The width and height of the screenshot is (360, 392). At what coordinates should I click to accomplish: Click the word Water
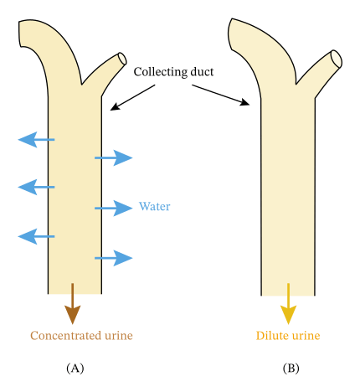(154, 207)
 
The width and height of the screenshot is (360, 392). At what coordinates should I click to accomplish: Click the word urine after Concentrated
(117, 336)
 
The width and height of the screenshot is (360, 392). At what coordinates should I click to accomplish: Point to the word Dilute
(271, 336)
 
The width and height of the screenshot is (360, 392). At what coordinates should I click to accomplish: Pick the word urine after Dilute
(305, 336)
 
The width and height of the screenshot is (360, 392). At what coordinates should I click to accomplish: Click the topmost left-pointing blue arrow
(36, 139)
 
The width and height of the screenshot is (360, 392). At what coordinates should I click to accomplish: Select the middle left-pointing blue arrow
(36, 187)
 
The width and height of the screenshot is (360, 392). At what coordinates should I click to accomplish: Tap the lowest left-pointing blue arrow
(36, 237)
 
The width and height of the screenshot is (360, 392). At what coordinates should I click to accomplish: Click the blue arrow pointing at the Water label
(114, 208)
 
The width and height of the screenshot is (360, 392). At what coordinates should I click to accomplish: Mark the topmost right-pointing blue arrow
(114, 157)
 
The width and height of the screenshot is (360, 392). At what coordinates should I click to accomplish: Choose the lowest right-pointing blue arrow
(114, 258)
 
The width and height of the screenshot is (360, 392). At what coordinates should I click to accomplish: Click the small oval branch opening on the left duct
(122, 59)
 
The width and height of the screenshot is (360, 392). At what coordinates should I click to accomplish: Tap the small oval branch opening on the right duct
(336, 59)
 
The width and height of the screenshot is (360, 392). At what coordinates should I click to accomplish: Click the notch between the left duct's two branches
(81, 85)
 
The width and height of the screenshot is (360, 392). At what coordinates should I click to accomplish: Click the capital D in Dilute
(260, 336)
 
